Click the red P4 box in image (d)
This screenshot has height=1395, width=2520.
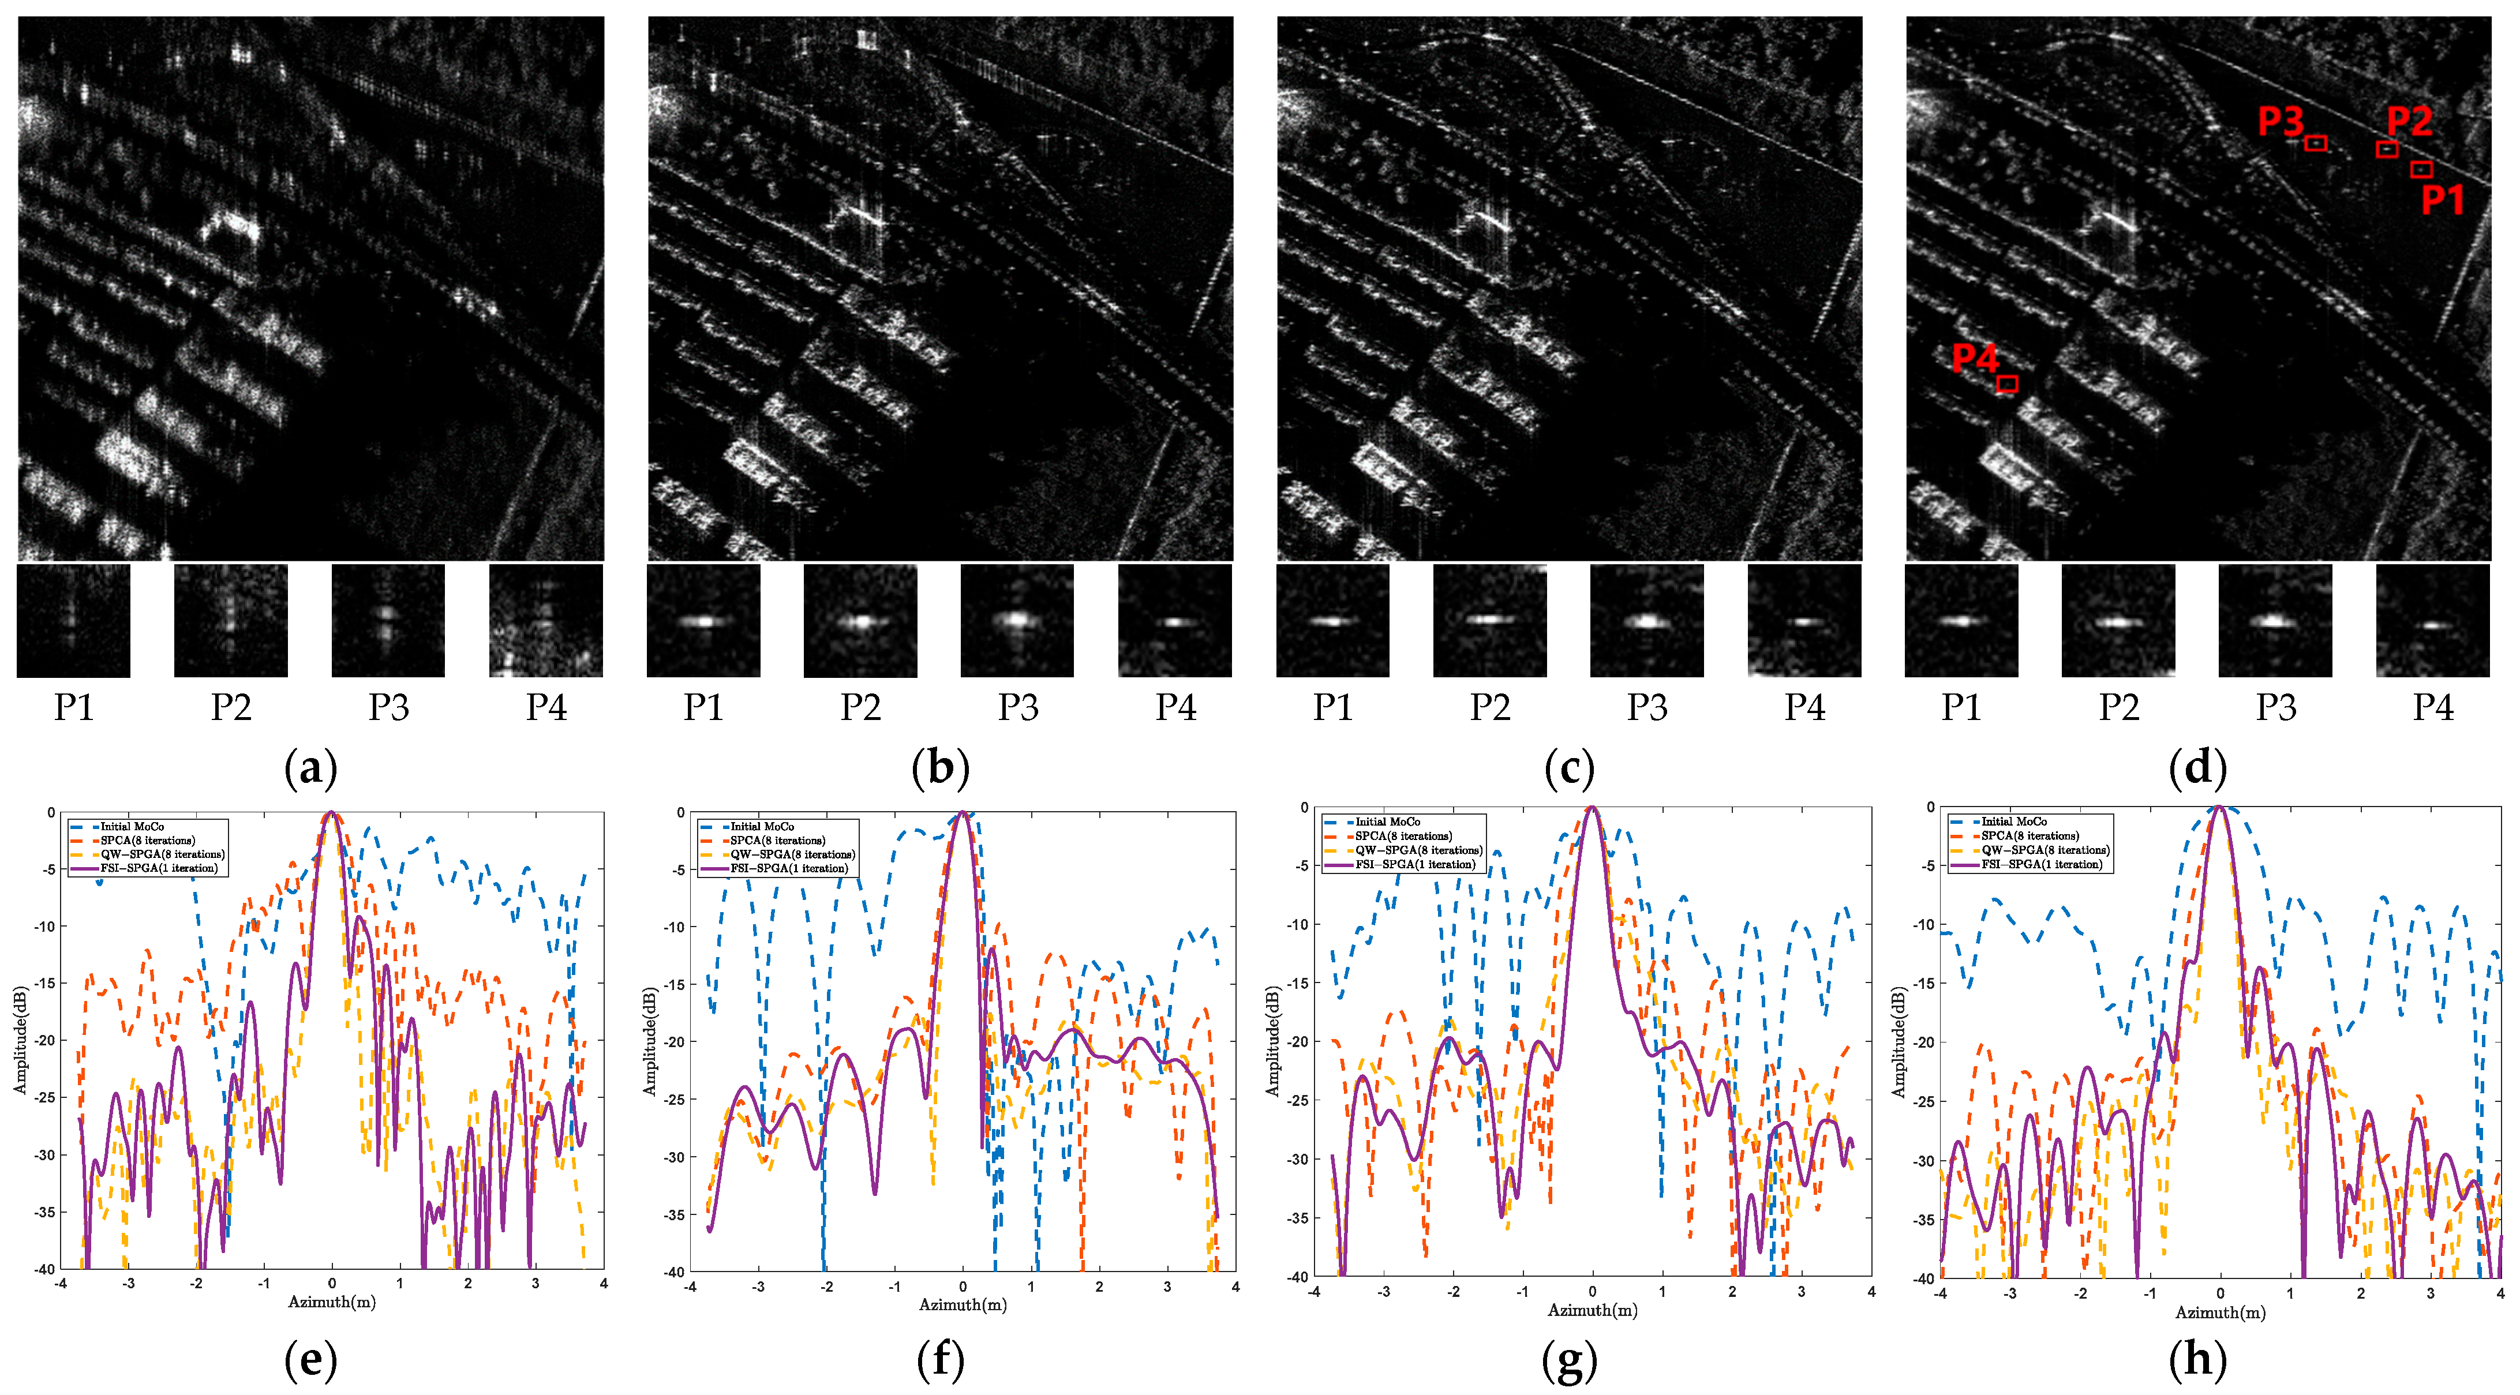tap(2006, 384)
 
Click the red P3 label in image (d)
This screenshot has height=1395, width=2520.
tap(2281, 121)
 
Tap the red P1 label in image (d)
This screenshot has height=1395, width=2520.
tap(2442, 200)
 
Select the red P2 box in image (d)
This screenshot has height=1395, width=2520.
tap(2387, 149)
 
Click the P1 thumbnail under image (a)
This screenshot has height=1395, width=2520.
tap(73, 620)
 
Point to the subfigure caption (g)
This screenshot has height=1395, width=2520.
tap(1569, 1361)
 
